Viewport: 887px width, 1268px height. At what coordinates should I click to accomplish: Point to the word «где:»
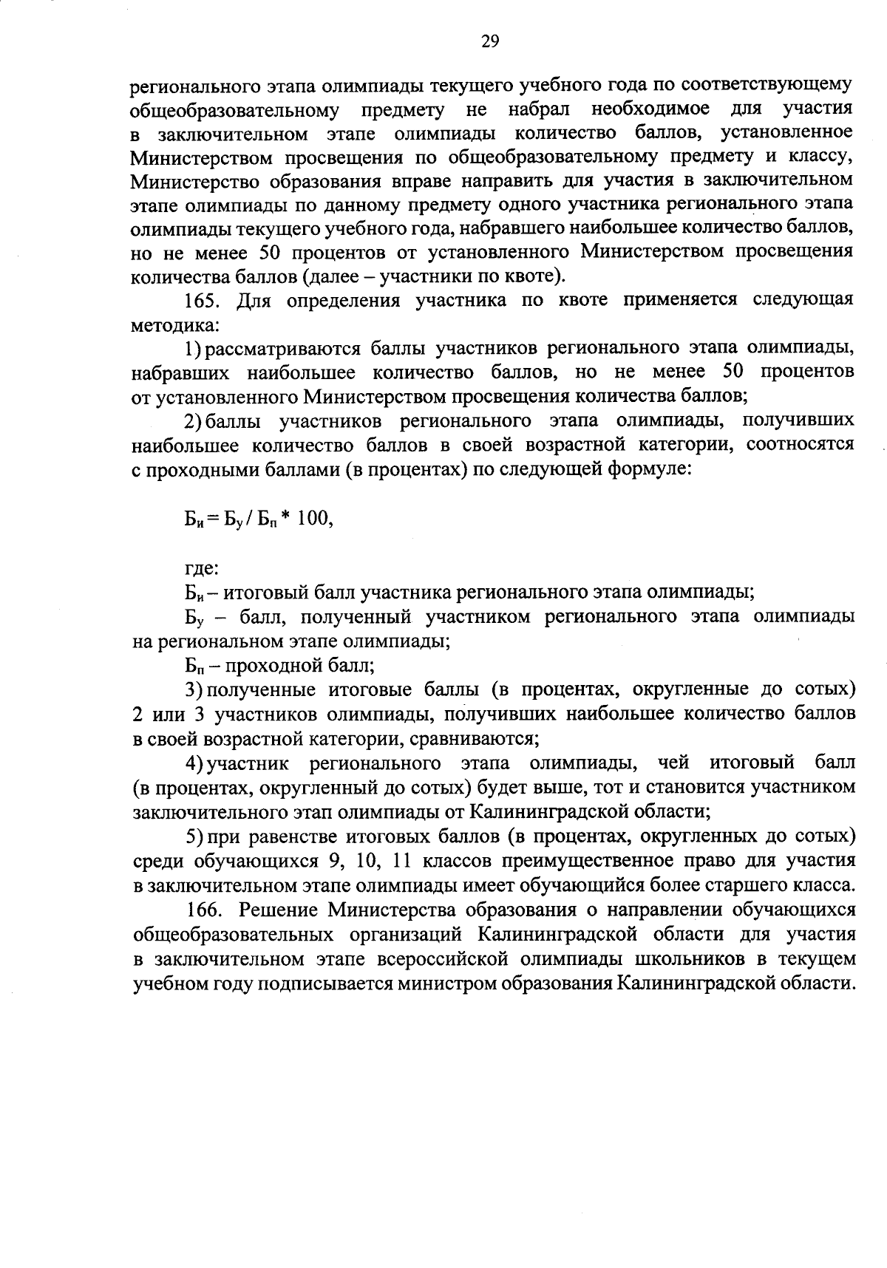point(201,569)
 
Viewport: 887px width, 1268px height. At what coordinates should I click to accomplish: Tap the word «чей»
point(673,763)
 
